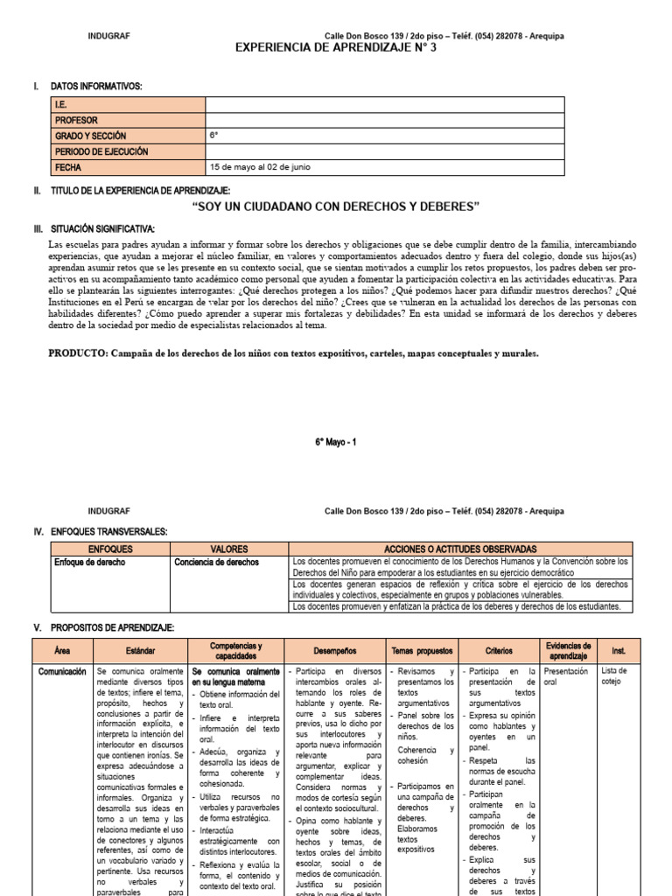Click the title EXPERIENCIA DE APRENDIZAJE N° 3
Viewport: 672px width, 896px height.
(336, 48)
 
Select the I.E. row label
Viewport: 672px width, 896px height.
(62, 105)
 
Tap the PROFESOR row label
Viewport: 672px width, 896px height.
(76, 121)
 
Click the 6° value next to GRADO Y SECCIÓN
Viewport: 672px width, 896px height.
(213, 136)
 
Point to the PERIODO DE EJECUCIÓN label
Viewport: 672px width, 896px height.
(101, 151)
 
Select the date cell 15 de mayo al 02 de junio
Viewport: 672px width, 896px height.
(259, 167)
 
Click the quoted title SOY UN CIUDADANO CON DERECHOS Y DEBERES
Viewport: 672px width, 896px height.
(336, 206)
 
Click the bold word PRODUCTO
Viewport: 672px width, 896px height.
(76, 353)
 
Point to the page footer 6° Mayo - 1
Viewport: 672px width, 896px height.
(336, 443)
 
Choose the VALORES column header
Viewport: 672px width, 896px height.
(229, 548)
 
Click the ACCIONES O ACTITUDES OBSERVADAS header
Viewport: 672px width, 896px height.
(461, 548)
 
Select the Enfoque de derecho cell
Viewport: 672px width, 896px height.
(89, 562)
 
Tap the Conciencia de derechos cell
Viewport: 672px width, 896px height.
(216, 562)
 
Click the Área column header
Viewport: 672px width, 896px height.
(62, 650)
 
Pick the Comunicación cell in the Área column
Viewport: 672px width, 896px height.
(62, 671)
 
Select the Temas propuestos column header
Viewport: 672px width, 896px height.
(421, 650)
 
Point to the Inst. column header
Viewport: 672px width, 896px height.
(619, 650)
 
